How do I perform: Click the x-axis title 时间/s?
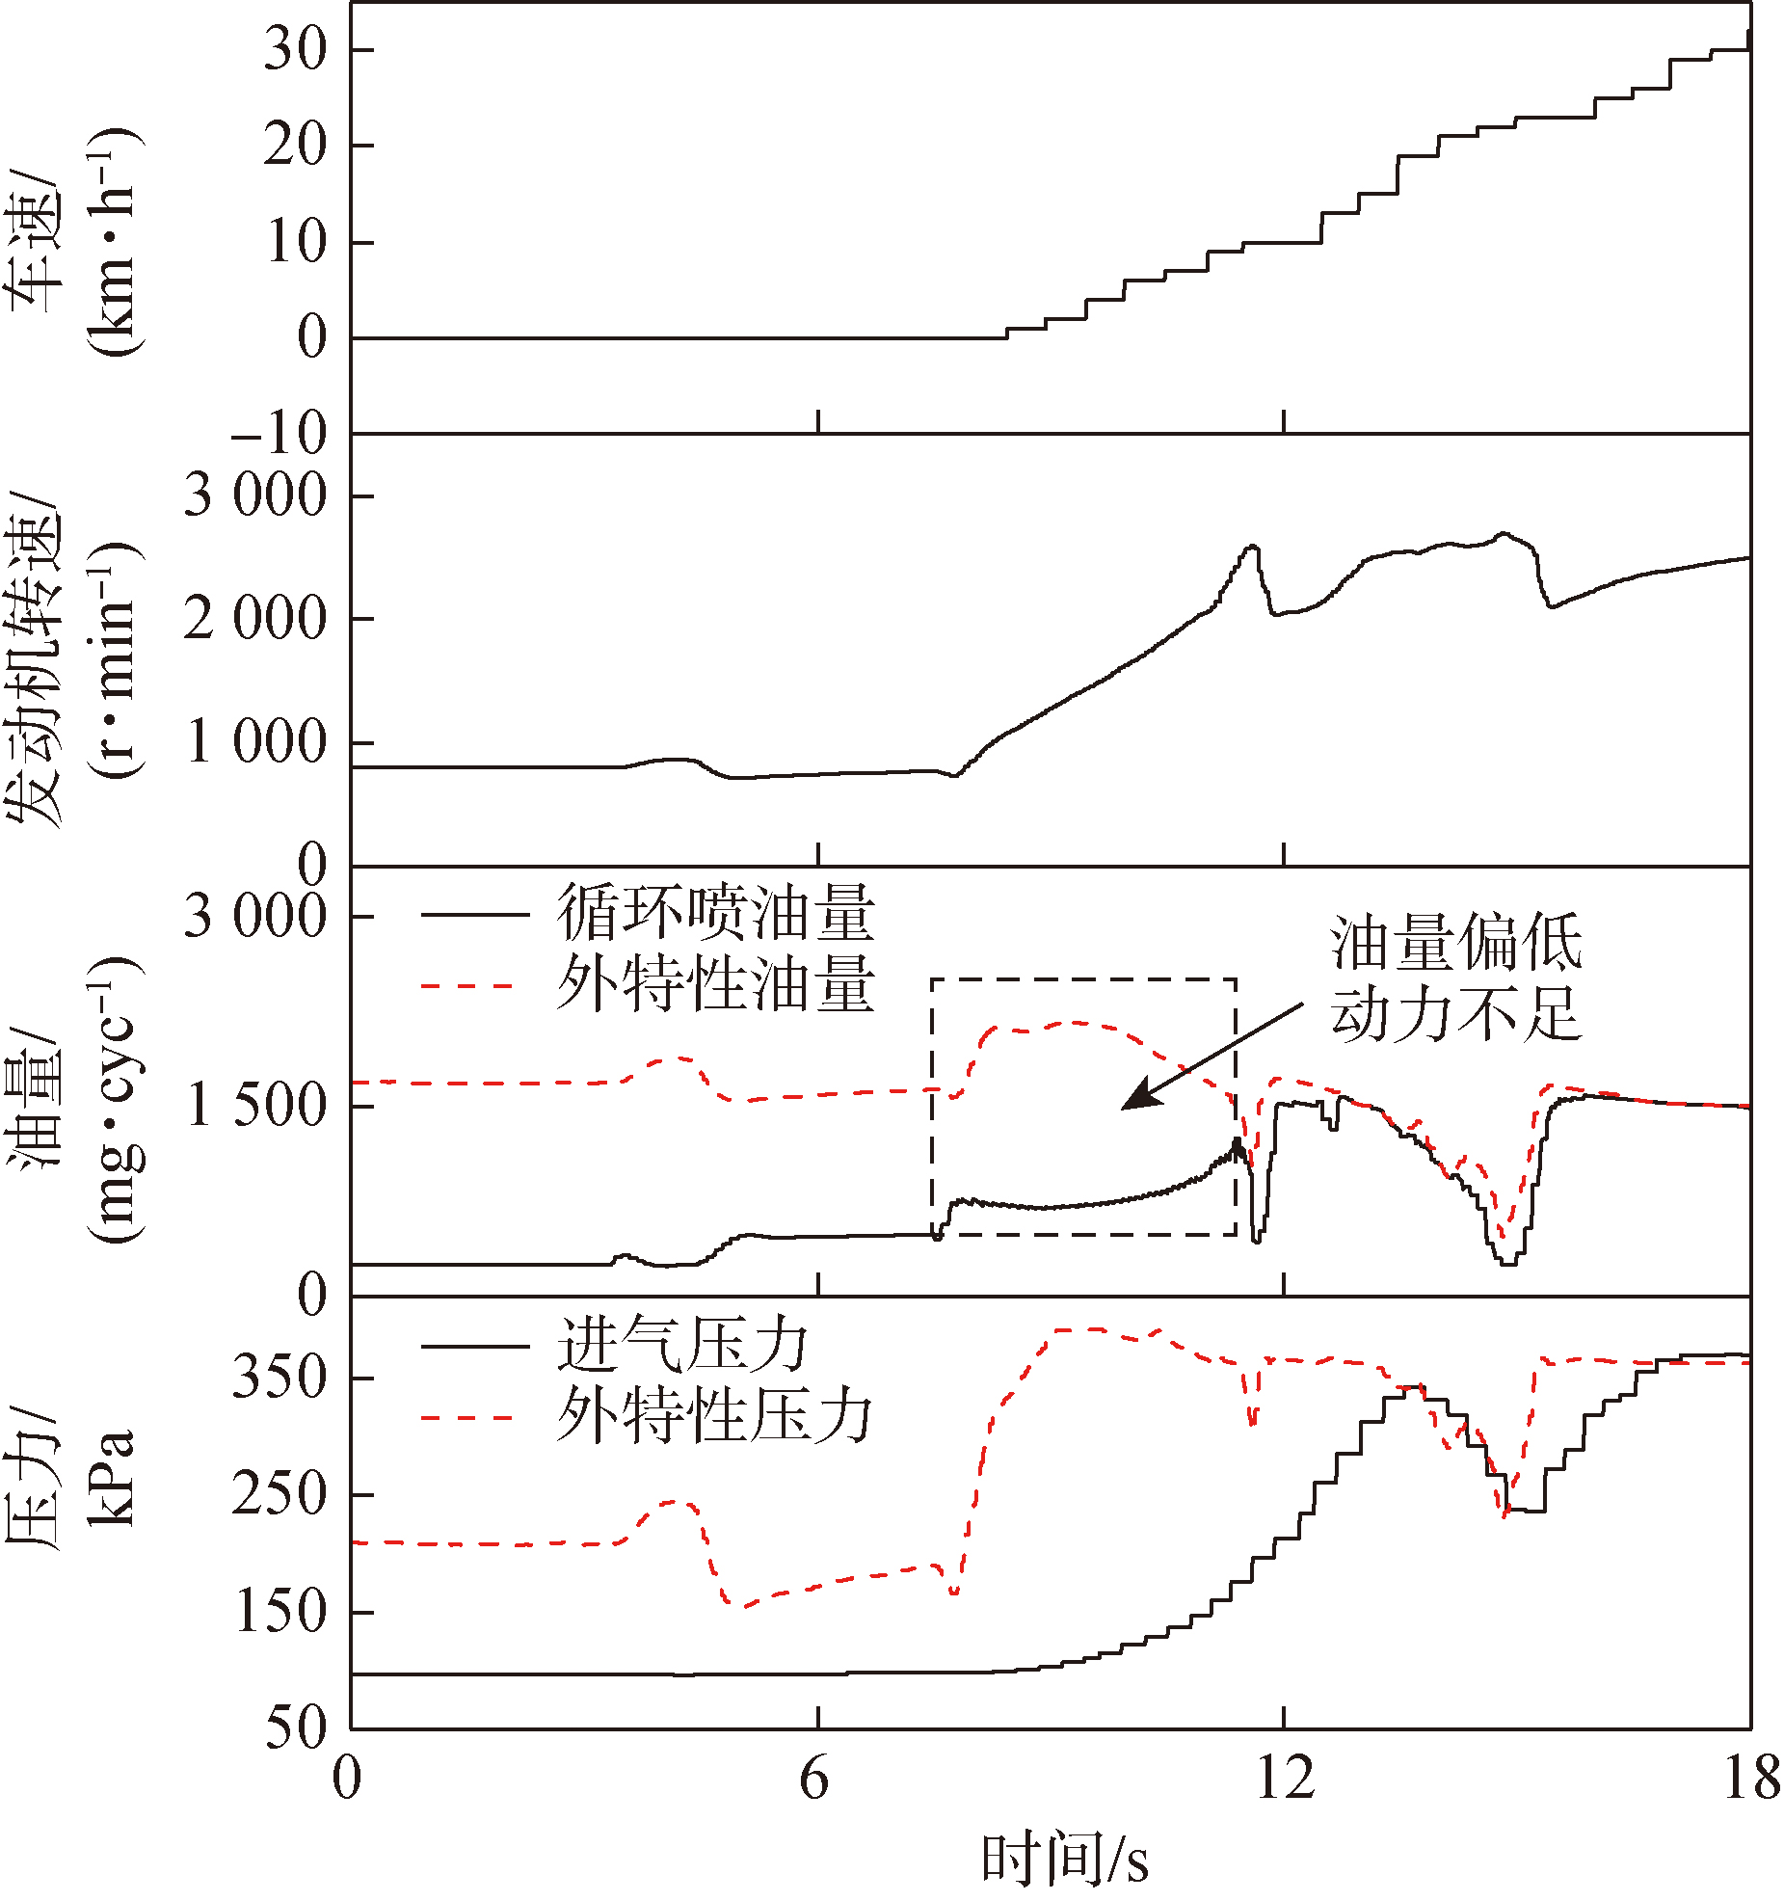(1064, 1861)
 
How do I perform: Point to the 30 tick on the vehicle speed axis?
(296, 49)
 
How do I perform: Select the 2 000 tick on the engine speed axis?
(255, 619)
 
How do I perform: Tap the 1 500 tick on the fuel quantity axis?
(255, 1105)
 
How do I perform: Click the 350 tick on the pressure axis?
(280, 1378)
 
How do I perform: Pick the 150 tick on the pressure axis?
(280, 1611)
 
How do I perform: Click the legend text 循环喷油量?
(715, 913)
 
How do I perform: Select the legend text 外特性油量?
(715, 984)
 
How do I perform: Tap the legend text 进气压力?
(682, 1346)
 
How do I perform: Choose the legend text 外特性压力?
(715, 1416)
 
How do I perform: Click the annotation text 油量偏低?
(1456, 942)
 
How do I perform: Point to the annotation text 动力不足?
(1456, 1013)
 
